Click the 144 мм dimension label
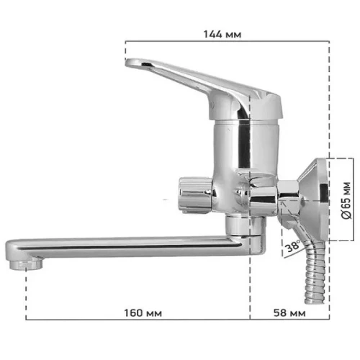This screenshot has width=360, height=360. point(222,35)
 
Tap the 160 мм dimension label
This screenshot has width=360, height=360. point(143,313)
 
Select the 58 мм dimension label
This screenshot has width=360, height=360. point(289,313)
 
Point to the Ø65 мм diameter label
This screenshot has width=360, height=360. point(346,201)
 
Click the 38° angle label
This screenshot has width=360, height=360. point(293,246)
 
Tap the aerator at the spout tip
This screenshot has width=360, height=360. point(26,264)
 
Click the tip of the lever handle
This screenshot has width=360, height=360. point(126,63)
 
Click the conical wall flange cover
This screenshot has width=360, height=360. point(313,199)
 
